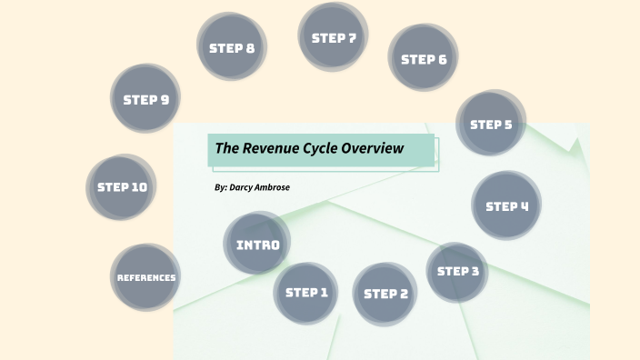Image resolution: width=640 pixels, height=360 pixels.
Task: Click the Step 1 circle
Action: [306, 293]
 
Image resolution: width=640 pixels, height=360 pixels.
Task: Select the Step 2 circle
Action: [385, 294]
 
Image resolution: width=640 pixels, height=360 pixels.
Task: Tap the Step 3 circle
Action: [458, 271]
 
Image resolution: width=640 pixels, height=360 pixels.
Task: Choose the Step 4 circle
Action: [506, 205]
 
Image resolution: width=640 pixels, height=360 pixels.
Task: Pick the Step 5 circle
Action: [491, 125]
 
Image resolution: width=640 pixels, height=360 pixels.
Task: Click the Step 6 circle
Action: [424, 59]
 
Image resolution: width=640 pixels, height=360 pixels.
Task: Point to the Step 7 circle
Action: [333, 38]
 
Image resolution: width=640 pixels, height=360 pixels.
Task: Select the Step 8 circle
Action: [232, 47]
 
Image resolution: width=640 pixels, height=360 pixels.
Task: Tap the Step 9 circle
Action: [146, 99]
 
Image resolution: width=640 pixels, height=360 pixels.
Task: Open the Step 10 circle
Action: [122, 187]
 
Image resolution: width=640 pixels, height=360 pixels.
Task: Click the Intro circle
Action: [257, 245]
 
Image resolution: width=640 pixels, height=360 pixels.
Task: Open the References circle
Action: [145, 277]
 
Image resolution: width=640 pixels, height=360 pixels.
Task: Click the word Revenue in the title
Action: [272, 148]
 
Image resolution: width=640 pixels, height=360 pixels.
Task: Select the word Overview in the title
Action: [380, 148]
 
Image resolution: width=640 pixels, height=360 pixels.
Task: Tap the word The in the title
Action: [226, 148]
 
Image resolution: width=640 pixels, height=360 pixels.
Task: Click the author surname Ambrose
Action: [270, 187]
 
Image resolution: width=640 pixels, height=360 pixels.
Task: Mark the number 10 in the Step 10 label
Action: [137, 187]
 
